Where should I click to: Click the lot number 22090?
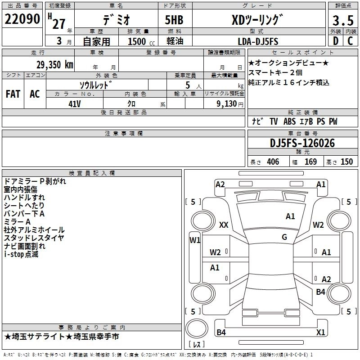click(22, 19)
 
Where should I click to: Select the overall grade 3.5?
click(343, 20)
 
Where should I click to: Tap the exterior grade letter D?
click(336, 41)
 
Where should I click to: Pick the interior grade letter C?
click(350, 41)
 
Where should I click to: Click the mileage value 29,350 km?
click(54, 65)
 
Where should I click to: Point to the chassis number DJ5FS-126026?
click(302, 143)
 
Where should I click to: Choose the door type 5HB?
click(174, 20)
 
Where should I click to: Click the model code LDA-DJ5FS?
click(258, 41)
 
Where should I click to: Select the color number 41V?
click(75, 104)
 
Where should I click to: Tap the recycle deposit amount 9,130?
click(227, 104)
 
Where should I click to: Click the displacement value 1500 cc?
click(141, 41)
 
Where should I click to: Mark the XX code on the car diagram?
click(224, 225)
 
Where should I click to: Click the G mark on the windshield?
click(284, 237)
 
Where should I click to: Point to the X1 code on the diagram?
click(320, 332)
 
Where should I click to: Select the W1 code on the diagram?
click(195, 240)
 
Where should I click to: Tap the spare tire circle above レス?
click(197, 328)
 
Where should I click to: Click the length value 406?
click(273, 162)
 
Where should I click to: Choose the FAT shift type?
click(13, 94)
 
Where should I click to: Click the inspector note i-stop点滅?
click(21, 254)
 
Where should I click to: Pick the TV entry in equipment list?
click(274, 121)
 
